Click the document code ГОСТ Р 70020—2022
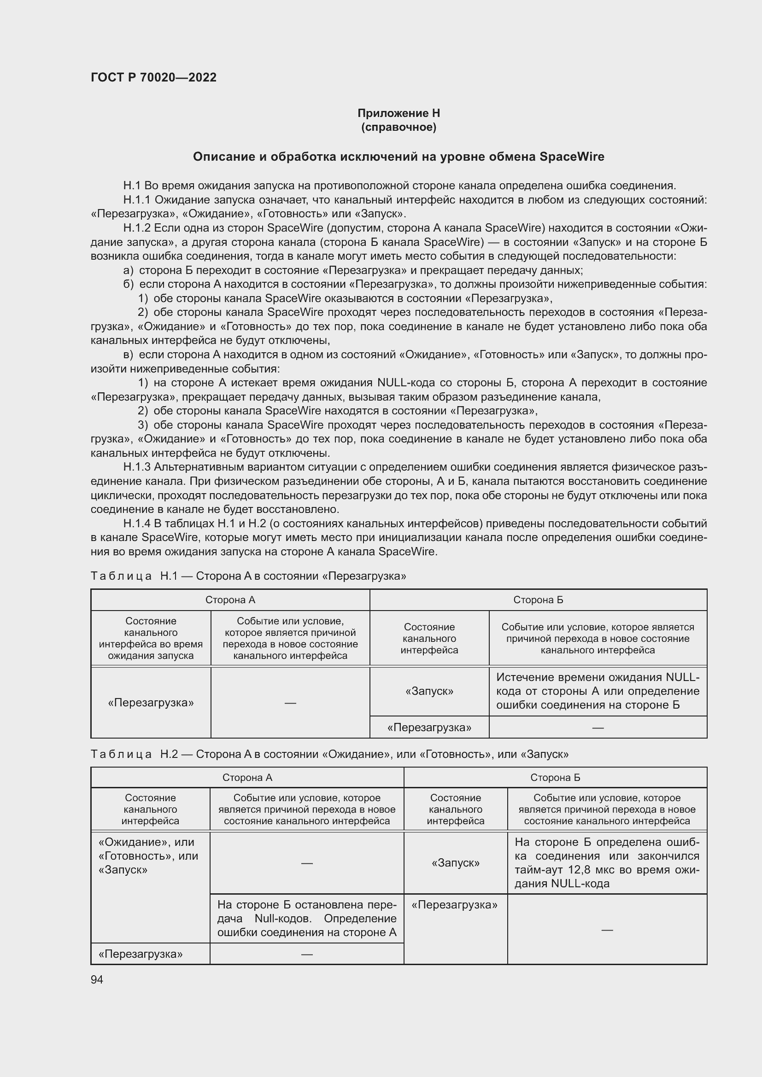[153, 77]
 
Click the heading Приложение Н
[399, 113]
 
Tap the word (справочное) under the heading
[399, 127]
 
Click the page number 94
[97, 979]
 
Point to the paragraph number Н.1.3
[136, 467]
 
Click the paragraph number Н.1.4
[136, 524]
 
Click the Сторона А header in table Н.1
[230, 600]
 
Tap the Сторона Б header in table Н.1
[538, 600]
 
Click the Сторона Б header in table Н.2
[555, 778]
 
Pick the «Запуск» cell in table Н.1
[429, 691]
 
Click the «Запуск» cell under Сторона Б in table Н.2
[455, 863]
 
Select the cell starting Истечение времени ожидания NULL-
[598, 691]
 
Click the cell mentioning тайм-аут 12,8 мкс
[607, 863]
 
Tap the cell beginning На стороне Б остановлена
[306, 919]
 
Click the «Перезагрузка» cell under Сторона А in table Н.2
[141, 954]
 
